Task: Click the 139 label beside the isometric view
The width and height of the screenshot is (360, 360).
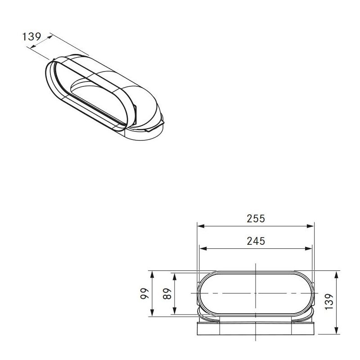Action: tap(31, 37)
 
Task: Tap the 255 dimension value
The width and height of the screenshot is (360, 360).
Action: tap(256, 219)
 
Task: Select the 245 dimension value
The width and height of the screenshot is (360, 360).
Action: tap(256, 241)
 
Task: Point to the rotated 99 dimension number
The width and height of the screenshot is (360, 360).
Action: tap(144, 293)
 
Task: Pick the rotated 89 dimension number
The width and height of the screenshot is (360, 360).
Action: tap(167, 293)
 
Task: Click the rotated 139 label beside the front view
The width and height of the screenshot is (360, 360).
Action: tap(329, 301)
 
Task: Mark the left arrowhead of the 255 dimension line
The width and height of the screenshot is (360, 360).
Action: tap(201, 226)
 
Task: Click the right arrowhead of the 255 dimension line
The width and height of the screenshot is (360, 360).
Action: tap(310, 226)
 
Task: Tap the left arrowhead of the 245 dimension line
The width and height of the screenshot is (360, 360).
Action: tap(203, 249)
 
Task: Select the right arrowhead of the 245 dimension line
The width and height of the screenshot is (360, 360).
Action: tap(309, 249)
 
